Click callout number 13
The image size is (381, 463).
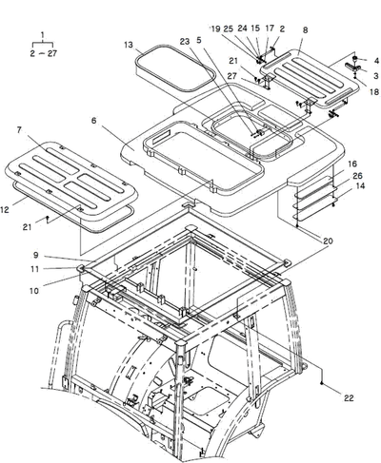coord(129,45)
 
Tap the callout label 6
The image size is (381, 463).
coord(93,121)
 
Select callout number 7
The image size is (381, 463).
coord(19,130)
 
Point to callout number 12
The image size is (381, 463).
coord(5,209)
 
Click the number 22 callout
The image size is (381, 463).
coord(349,398)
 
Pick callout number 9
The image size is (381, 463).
coord(35,255)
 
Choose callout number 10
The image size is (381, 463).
coord(34,291)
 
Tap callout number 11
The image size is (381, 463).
coord(34,269)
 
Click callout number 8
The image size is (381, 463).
coord(305,30)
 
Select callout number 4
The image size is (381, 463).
coord(376,60)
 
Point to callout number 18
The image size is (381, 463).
coord(374,92)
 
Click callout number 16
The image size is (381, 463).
coord(352,164)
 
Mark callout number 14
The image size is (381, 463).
coord(360,185)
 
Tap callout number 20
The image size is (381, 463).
coord(328,241)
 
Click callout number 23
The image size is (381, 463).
coord(185,41)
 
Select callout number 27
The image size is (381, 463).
coord(232,76)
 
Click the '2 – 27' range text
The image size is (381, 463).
coord(44,53)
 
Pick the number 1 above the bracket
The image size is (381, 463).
coord(43,34)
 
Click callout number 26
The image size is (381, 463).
coord(357,176)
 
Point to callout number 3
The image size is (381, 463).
coord(376,76)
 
